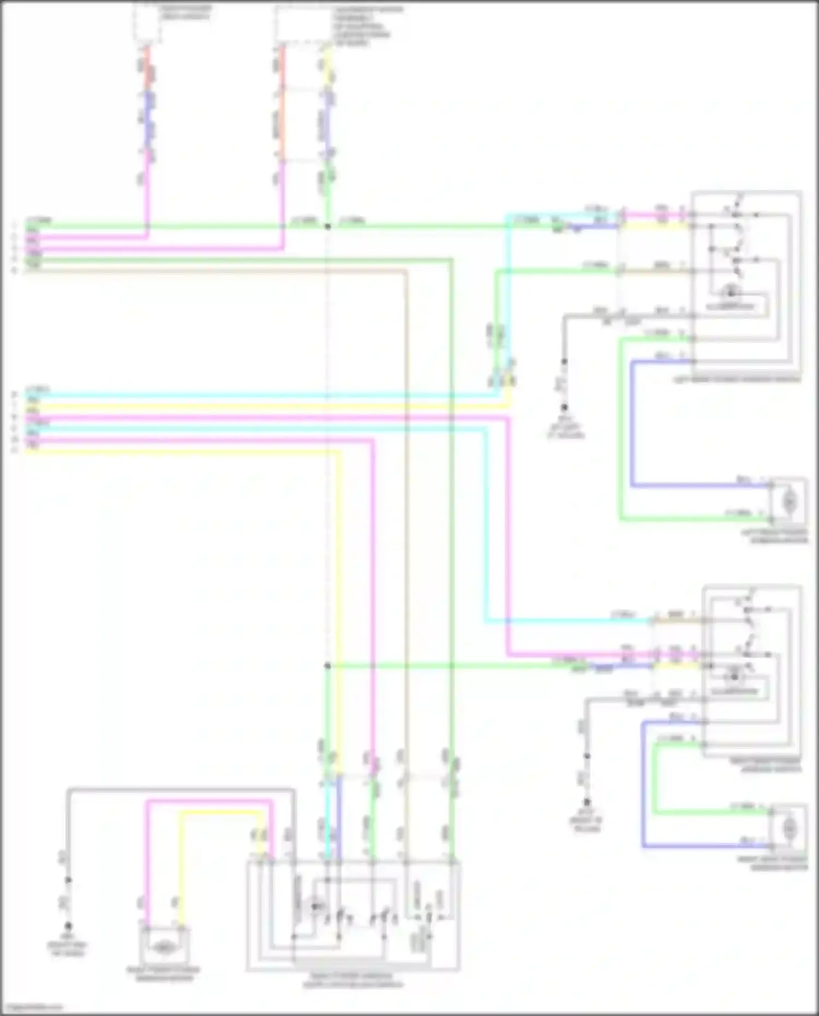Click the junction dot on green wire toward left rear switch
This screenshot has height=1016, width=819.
click(x=328, y=226)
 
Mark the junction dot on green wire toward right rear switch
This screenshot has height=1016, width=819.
click(x=328, y=666)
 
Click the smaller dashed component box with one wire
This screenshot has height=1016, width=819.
click(x=147, y=23)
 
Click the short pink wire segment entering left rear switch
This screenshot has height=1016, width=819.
click(x=655, y=215)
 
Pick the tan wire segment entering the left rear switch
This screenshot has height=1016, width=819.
click(x=655, y=271)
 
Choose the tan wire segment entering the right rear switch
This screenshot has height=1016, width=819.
click(x=677, y=621)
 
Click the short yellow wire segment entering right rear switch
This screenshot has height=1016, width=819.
click(x=677, y=666)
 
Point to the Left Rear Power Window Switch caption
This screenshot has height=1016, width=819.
click(x=745, y=379)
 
